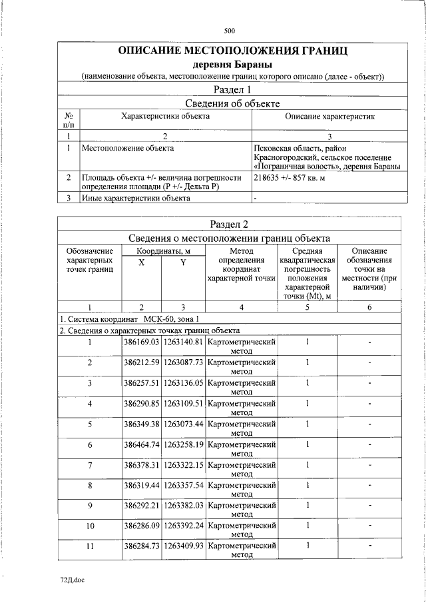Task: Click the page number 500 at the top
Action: point(230,31)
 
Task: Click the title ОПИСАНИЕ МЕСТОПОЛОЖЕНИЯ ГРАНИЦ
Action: point(232,51)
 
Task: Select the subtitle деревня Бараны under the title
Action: point(232,65)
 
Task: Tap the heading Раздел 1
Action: point(232,89)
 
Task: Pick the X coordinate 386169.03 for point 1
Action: point(141,342)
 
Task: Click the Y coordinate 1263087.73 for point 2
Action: point(183,362)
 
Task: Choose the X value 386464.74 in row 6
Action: point(141,444)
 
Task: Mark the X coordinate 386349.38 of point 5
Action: point(141,424)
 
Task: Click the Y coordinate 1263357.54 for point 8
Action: point(183,485)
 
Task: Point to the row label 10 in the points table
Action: point(89,526)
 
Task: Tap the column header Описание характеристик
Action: point(329,117)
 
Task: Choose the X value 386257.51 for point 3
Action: point(141,383)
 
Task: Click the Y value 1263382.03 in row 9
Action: point(183,506)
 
